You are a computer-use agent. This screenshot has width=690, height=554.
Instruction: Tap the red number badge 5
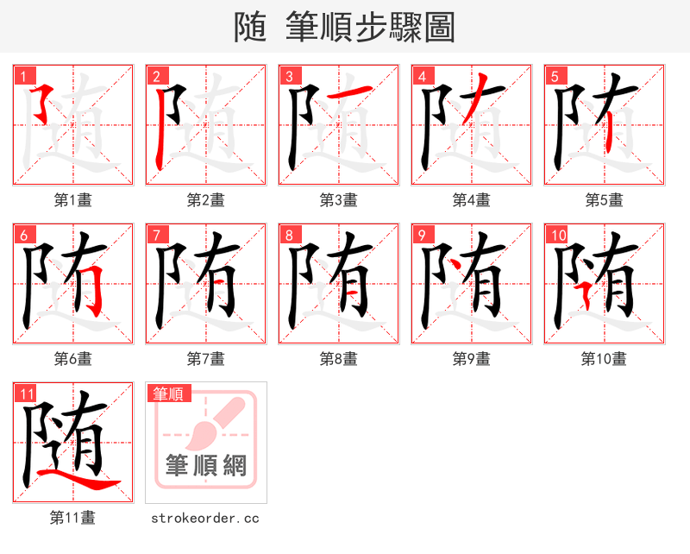click(x=555, y=76)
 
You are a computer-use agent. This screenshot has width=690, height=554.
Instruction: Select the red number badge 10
click(x=557, y=235)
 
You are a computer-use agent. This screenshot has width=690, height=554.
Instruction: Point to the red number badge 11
click(x=27, y=393)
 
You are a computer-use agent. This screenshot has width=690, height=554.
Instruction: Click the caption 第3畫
click(x=338, y=200)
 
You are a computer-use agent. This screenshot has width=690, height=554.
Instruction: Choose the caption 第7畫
click(x=205, y=359)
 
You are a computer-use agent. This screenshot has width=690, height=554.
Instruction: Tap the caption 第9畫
click(x=471, y=359)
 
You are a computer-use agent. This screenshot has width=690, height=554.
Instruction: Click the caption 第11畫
click(x=72, y=518)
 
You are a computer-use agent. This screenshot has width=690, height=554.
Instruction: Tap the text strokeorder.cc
click(x=205, y=518)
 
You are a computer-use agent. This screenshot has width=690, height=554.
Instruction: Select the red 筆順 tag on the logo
click(x=168, y=394)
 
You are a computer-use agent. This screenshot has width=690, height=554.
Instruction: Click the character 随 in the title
click(x=254, y=28)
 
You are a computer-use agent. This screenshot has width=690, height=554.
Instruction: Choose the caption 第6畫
click(x=72, y=359)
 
